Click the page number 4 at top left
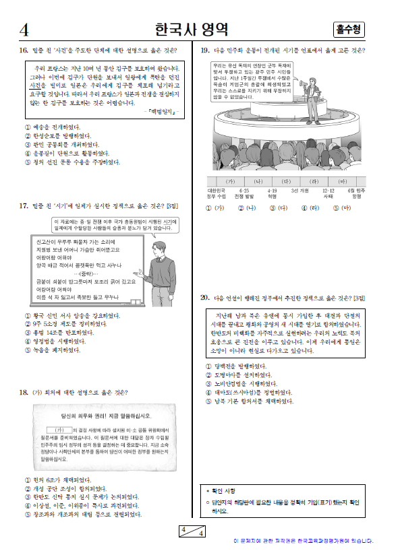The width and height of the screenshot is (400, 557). click(x=24, y=30)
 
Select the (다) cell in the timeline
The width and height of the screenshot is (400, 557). click(x=285, y=182)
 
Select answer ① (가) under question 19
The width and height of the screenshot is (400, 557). click(x=214, y=208)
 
